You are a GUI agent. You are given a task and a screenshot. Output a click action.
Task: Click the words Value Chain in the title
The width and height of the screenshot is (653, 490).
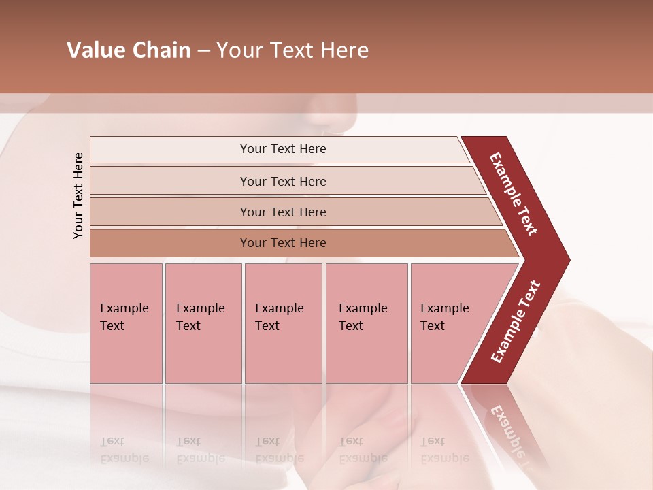pos(129,50)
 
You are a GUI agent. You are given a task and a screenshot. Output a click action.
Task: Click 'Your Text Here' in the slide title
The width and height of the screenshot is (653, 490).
pos(292,50)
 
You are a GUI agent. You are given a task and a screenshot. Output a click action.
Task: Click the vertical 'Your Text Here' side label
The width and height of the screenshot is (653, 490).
pos(78,195)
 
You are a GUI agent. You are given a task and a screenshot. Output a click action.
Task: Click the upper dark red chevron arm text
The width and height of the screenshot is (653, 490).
pos(514,194)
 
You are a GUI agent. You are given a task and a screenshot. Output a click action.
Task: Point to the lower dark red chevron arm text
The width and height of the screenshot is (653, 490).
pos(516,321)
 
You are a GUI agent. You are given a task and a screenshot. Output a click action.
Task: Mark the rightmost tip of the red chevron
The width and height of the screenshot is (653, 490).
pos(568,259)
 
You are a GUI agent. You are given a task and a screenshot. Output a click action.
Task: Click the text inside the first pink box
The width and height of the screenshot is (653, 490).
pos(124,316)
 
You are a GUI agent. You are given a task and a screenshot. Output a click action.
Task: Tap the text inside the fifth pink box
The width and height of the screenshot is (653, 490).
pos(444,316)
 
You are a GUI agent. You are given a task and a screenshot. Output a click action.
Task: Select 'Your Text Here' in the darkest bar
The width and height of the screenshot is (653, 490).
pos(283,243)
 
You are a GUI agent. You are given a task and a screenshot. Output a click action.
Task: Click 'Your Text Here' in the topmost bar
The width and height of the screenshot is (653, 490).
pos(283,149)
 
